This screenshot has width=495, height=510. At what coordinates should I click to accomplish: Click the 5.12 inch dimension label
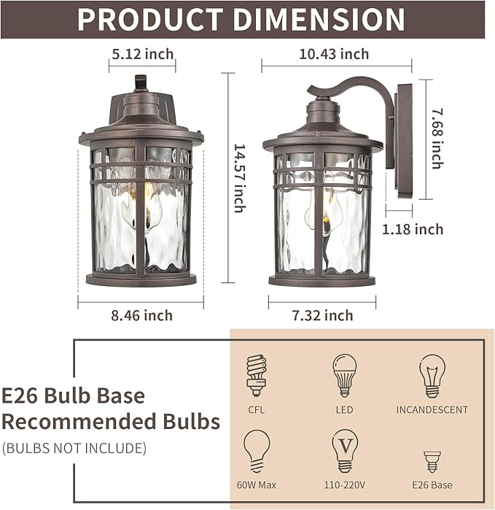143,54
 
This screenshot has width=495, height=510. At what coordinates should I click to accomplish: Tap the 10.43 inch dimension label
334,54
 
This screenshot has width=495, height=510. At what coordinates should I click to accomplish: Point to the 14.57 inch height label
240,178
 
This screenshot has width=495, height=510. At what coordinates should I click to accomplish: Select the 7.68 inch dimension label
437,139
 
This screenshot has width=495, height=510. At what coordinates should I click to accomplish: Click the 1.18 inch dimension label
413,229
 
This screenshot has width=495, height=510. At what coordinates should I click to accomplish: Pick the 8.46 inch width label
141,315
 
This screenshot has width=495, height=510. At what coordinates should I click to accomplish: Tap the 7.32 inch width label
322,315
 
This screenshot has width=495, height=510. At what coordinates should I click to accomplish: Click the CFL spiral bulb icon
257,375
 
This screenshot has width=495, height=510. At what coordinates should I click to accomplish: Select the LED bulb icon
344,375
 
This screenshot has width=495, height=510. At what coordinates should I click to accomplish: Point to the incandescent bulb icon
432,376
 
